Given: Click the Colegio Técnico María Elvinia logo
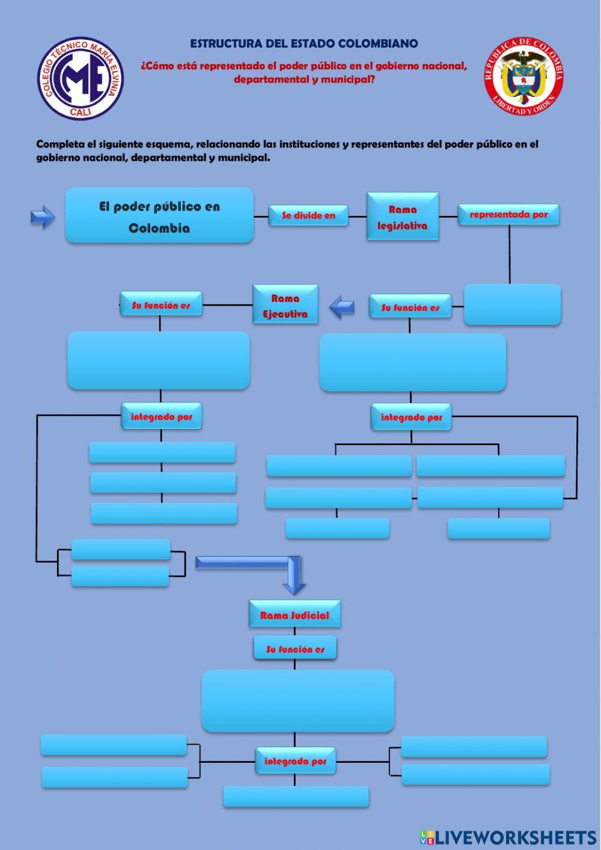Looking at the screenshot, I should click(x=81, y=78).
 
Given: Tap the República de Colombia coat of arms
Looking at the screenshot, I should click(x=523, y=76).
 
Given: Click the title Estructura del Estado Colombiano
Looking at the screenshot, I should click(x=304, y=43).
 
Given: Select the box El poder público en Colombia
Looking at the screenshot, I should click(x=159, y=215).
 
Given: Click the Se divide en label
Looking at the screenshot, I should click(x=308, y=215).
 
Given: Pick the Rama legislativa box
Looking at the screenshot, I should click(x=403, y=217).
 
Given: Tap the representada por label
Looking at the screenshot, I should click(x=508, y=214).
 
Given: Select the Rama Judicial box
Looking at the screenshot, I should click(x=294, y=614).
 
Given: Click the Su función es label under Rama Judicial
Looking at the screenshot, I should click(x=294, y=648).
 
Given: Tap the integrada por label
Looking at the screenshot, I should click(x=295, y=761).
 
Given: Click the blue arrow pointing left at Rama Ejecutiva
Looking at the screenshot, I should click(x=342, y=307).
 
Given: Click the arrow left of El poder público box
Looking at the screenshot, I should click(x=43, y=217).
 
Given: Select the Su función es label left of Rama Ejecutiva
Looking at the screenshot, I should click(x=161, y=304).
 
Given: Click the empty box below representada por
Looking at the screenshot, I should click(x=512, y=304).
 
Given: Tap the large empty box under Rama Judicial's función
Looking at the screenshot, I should click(x=298, y=701).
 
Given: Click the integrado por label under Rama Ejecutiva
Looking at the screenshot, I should click(x=161, y=416).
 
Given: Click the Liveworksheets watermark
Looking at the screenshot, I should click(x=508, y=837).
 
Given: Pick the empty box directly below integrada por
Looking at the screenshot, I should click(x=296, y=796).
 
